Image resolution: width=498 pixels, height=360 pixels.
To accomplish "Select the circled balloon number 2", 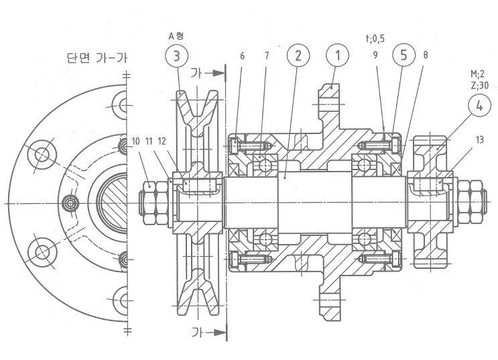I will tap(297, 56).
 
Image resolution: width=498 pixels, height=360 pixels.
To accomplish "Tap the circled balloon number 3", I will tap(177, 56).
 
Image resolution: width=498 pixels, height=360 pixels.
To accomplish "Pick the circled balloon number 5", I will tap(403, 56).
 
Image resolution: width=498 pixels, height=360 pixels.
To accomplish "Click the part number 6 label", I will tap(242, 56).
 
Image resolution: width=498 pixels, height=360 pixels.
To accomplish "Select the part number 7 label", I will tap(266, 56).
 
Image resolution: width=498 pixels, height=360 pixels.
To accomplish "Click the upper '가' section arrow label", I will tap(195, 71).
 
